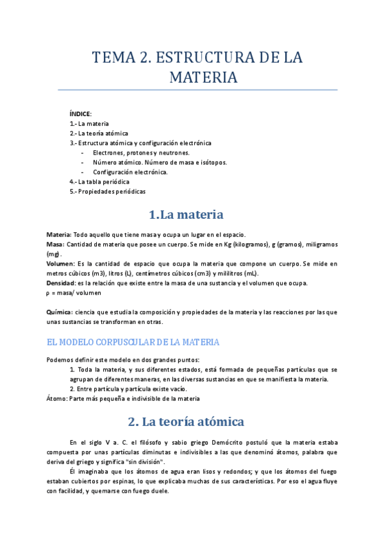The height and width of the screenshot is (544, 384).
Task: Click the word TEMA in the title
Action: (112, 58)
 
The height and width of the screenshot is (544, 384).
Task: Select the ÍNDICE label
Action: (81, 114)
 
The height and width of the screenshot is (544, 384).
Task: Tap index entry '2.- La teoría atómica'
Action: (99, 133)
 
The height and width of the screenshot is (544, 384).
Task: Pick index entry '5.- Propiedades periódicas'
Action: (108, 191)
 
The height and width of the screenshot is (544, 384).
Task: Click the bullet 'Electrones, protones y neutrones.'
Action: (141, 153)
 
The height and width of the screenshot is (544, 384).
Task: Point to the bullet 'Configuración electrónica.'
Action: (130, 172)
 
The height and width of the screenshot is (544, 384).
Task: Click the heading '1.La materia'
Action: (186, 214)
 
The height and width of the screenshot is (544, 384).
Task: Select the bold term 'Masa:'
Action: (56, 244)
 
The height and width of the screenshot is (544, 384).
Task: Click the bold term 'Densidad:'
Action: (62, 283)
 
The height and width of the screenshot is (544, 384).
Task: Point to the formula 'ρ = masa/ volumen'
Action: (74, 293)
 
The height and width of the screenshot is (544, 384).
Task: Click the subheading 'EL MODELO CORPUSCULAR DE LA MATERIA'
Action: (133, 341)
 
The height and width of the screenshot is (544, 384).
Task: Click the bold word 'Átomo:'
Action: (57, 398)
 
